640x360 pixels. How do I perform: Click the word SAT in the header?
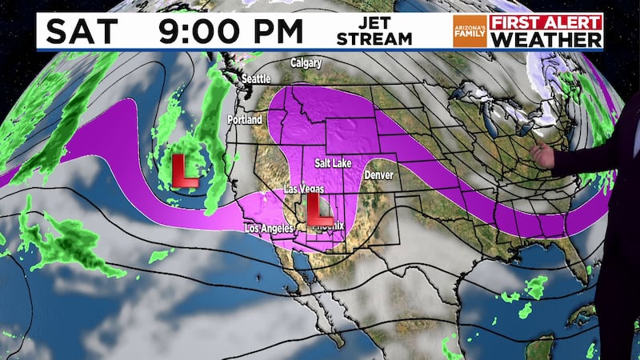point(80,31)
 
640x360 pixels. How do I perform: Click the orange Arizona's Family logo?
point(470,30)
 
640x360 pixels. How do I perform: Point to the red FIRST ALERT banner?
point(547,22)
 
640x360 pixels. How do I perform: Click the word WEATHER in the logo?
point(547,38)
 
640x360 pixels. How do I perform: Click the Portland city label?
point(245,119)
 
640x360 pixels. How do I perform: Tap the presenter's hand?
point(543,157)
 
